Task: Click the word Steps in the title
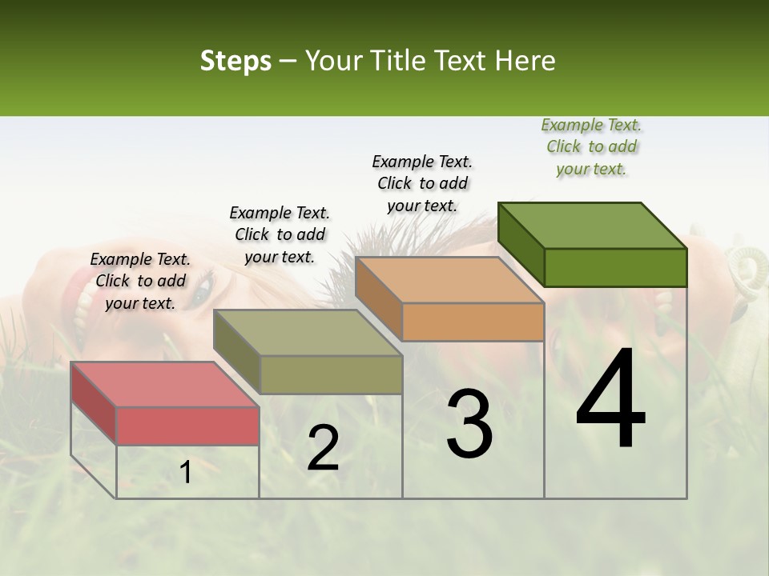pos(236,62)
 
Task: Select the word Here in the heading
pos(525,62)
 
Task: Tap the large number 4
pos(610,399)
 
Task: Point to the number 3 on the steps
pos(469,424)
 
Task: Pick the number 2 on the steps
pos(323,448)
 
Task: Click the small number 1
pos(186,473)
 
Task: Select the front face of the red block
pos(187,426)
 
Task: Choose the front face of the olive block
pos(331,374)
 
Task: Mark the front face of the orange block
pos(473,322)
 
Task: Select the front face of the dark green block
pos(615,267)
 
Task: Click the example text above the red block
pos(140,281)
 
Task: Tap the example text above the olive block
pos(280,234)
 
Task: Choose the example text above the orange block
pos(422,183)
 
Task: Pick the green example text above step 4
pos(591,146)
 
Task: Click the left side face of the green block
pos(521,243)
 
